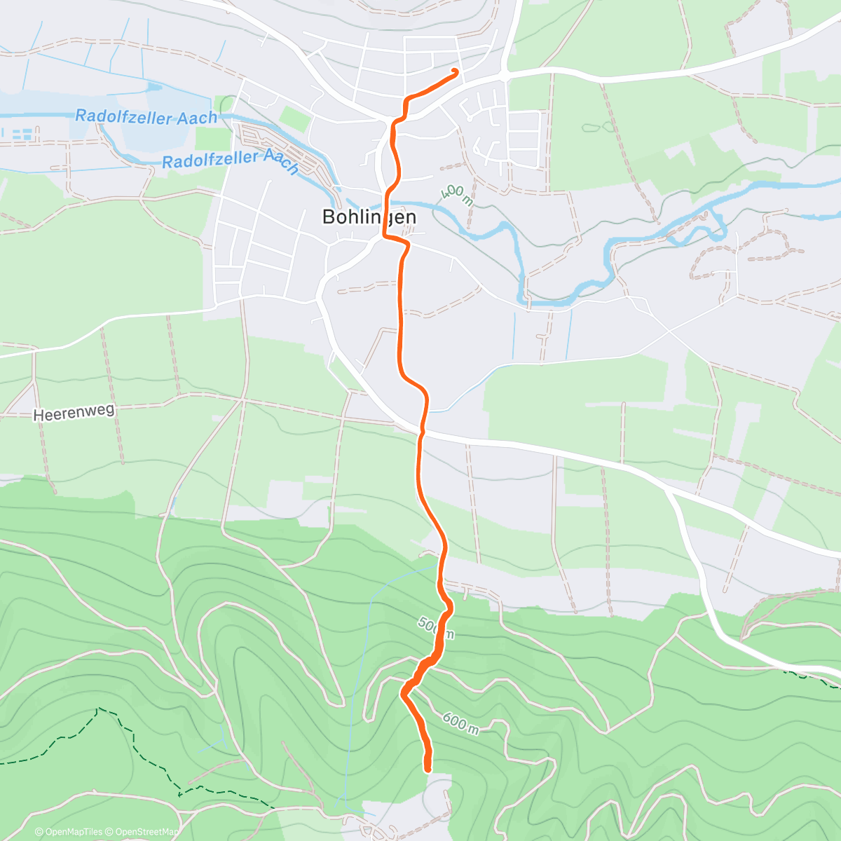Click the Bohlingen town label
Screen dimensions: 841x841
pyautogui.click(x=369, y=217)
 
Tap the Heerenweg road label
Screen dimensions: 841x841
pyautogui.click(x=74, y=413)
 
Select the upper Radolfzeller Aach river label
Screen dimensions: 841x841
pyautogui.click(x=146, y=117)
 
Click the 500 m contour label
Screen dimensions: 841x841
pyautogui.click(x=435, y=628)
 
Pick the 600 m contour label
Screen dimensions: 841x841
pyautogui.click(x=460, y=723)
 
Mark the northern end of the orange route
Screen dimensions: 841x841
pyautogui.click(x=456, y=71)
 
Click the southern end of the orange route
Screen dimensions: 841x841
pyautogui.click(x=428, y=769)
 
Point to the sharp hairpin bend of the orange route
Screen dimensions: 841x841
pyautogui.click(x=404, y=694)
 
